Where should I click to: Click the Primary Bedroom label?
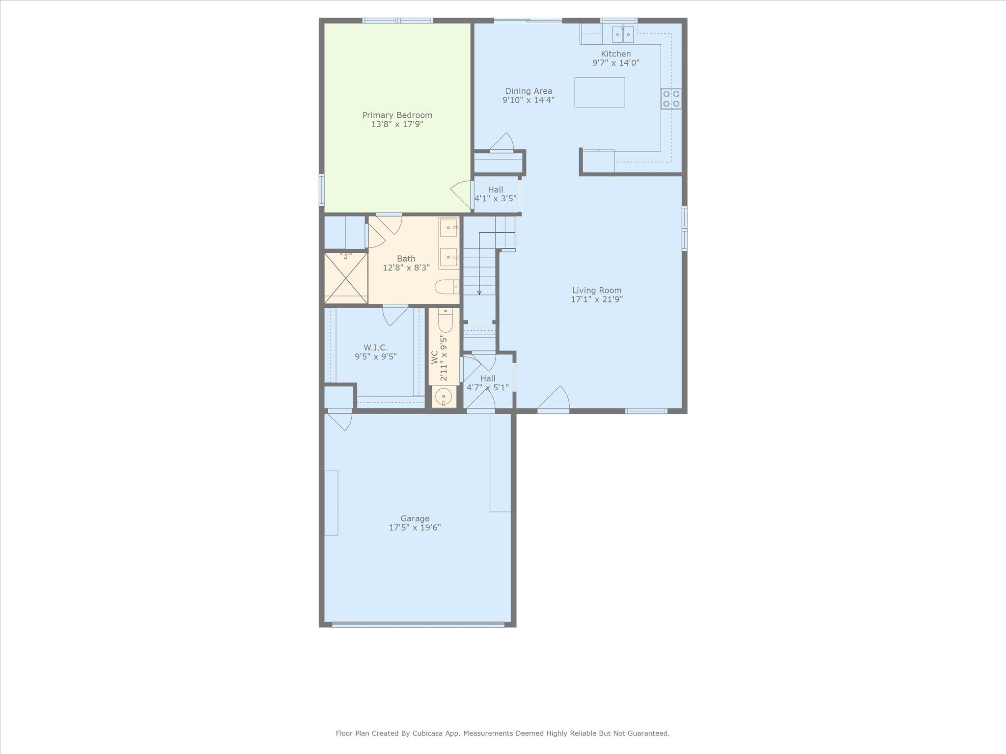(397, 115)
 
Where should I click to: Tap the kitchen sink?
(622, 35)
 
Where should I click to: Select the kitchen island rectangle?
(600, 92)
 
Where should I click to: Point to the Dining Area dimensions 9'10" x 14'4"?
(528, 100)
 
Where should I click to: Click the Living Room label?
(596, 290)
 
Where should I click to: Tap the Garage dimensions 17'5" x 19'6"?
(415, 528)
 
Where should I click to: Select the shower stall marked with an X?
(346, 278)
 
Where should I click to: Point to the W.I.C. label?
(376, 348)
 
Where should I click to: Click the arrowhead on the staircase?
(479, 293)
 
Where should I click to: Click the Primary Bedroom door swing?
(462, 194)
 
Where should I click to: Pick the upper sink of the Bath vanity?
(448, 228)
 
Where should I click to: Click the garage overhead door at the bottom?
(418, 624)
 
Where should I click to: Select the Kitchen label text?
(615, 54)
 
